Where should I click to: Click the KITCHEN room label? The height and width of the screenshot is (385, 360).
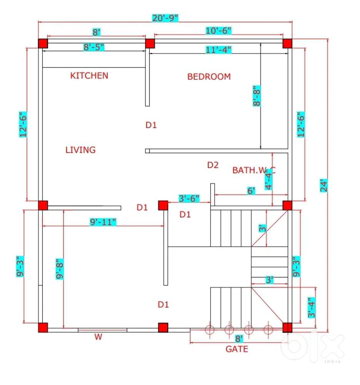point(89,75)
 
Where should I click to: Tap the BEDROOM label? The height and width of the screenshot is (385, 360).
point(209,77)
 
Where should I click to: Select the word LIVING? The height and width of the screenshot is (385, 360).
point(80,150)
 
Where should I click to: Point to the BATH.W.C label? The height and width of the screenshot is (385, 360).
point(254,170)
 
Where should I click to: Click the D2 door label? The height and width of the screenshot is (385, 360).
point(213,165)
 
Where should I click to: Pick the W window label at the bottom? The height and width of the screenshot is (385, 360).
point(99,337)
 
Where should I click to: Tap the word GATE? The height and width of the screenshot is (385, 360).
point(237,349)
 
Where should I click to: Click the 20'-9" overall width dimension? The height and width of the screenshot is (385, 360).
point(165,18)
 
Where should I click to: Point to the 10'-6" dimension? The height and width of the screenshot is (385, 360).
point(218,30)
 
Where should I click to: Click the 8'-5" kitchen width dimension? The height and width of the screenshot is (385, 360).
point(94,47)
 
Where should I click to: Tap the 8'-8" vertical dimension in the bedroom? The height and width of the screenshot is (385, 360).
point(258,96)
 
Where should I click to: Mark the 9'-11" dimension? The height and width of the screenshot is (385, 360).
point(103,222)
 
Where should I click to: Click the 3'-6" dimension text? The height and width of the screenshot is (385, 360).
point(189,199)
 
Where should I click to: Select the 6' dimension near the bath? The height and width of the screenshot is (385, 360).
point(251,191)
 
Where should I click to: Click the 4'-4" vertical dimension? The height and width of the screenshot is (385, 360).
point(268,179)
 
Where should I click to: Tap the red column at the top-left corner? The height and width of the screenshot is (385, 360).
point(43,44)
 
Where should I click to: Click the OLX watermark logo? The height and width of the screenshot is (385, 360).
point(312,346)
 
